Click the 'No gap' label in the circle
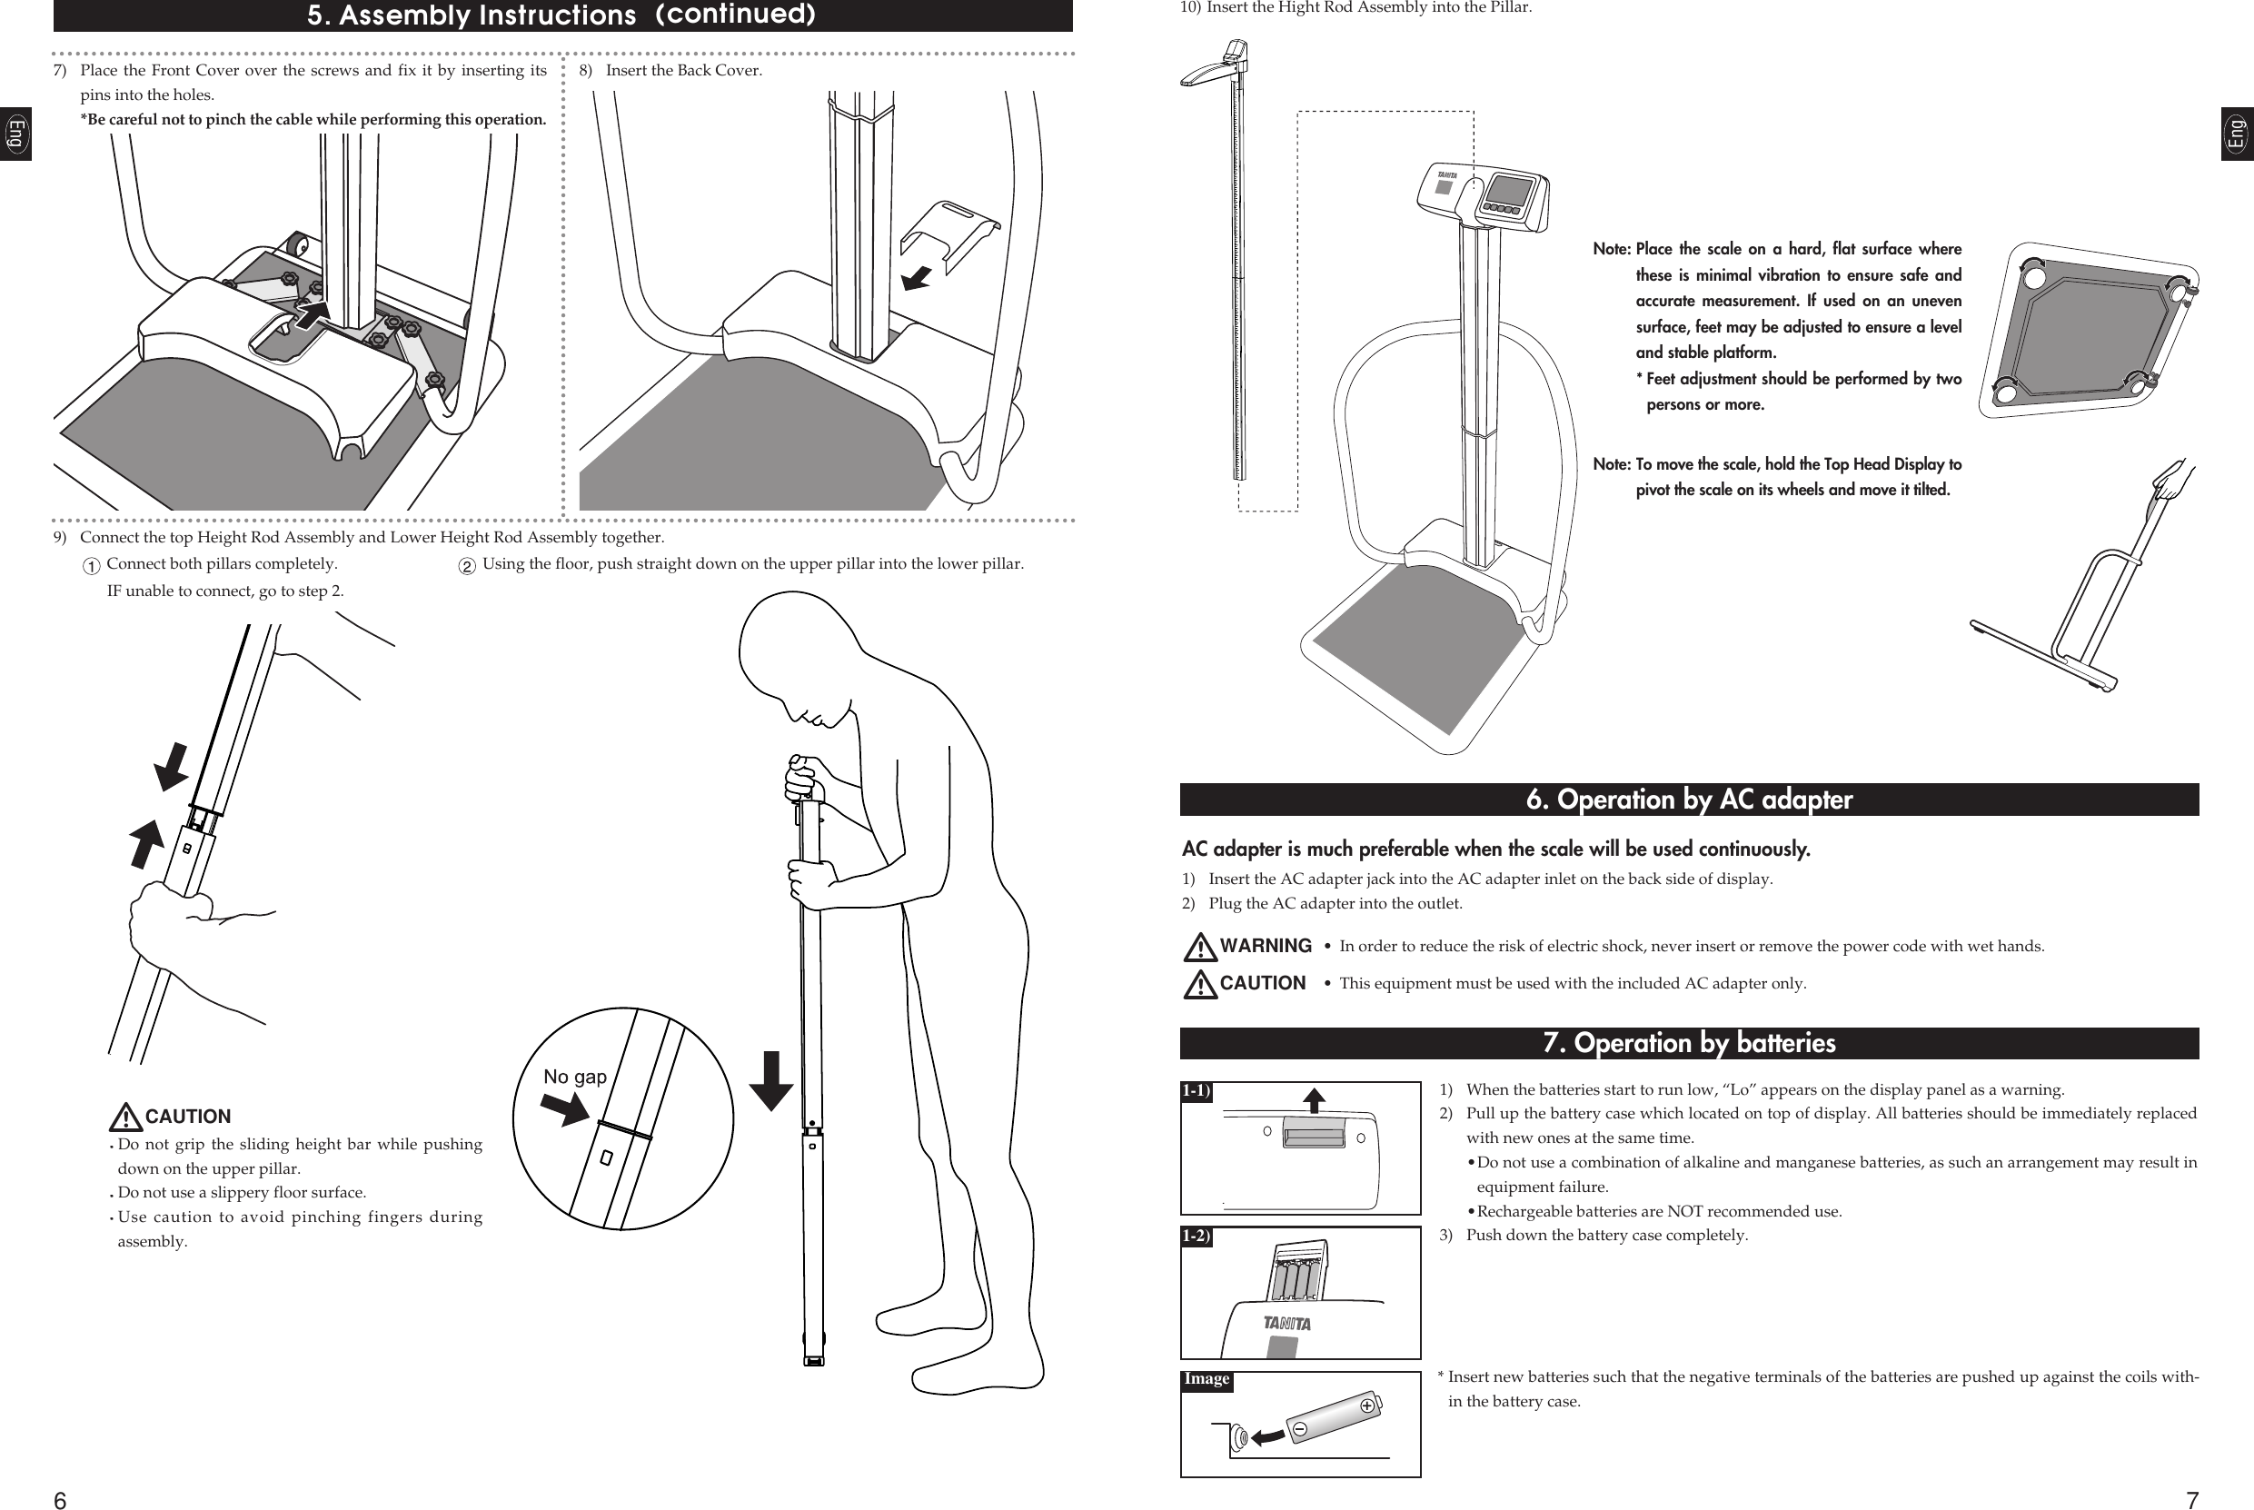[x=575, y=1077]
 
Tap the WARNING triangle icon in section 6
[x=1200, y=948]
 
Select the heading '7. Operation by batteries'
[x=1689, y=1043]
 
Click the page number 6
[x=60, y=1499]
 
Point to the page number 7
[x=2191, y=1499]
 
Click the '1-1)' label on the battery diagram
[x=1196, y=1091]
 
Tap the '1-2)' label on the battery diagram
[x=1196, y=1236]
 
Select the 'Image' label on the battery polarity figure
[x=1206, y=1379]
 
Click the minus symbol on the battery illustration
[x=1299, y=1429]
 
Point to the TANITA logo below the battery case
[x=1286, y=1323]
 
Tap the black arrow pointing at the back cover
[x=917, y=278]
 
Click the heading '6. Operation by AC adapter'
[x=1689, y=800]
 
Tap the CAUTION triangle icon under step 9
[x=125, y=1118]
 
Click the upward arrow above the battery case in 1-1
[x=1314, y=1099]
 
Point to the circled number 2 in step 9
[x=467, y=566]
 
